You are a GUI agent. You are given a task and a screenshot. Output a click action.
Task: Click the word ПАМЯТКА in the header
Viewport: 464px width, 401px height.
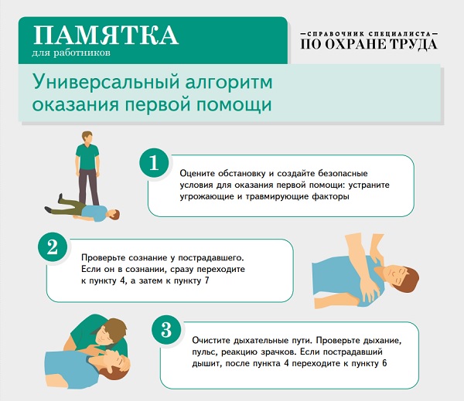point(106,36)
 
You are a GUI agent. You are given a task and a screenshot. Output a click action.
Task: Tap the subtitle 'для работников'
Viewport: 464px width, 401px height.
point(71,53)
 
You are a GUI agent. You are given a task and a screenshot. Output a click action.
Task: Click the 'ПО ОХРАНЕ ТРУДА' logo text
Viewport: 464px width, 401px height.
point(369,44)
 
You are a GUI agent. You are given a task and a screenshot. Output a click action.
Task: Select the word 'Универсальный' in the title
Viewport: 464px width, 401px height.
point(106,82)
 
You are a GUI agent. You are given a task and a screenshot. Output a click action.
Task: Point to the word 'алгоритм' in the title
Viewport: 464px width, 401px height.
point(229,83)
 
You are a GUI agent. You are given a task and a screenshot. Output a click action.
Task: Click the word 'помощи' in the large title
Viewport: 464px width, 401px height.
point(234,104)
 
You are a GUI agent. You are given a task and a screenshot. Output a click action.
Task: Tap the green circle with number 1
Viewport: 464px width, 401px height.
point(154,163)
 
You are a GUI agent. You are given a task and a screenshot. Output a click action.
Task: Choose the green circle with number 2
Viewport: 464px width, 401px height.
point(53,247)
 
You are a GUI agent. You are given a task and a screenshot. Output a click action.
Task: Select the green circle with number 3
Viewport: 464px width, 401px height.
point(166,330)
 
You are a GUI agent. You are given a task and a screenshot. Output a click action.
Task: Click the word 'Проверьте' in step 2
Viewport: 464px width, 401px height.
point(103,257)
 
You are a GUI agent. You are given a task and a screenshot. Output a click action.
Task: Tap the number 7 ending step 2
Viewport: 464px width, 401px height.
point(206,280)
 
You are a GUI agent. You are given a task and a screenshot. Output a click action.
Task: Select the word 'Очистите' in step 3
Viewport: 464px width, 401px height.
point(211,341)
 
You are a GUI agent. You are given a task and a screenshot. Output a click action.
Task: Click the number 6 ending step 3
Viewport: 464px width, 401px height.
point(384,363)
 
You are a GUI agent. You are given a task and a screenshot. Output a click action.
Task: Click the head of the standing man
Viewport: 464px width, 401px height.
point(87,138)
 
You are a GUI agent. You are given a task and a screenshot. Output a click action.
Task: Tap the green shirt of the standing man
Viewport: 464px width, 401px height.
point(87,157)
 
